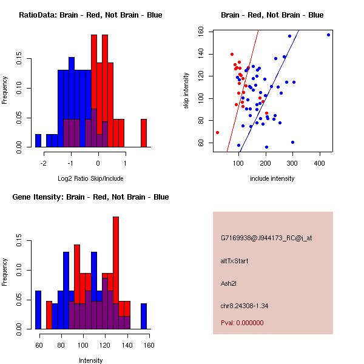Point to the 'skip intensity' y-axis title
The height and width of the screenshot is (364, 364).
[187, 91]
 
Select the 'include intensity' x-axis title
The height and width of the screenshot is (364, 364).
[272, 178]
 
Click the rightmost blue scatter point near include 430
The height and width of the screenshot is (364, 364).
[328, 35]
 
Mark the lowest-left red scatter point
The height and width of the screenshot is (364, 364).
[217, 132]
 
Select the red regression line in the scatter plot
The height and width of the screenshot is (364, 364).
[243, 91]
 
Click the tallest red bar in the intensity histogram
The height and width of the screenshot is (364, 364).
[116, 273]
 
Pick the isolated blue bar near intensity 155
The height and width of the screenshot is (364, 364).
[144, 316]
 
